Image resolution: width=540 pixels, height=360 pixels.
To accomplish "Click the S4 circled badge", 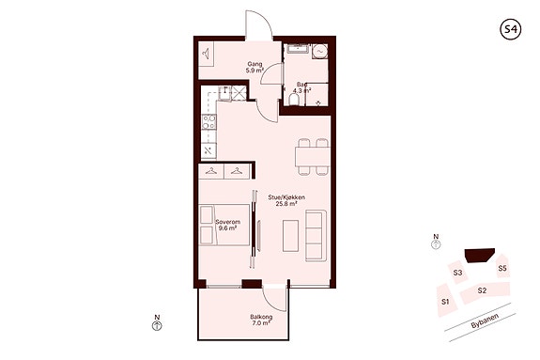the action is click(x=510, y=29).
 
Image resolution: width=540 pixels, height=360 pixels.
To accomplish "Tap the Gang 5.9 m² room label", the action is click(x=255, y=68).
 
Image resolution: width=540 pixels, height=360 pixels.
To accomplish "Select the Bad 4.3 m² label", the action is click(x=302, y=87).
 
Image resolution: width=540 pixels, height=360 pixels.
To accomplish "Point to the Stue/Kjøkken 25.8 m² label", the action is click(x=286, y=200).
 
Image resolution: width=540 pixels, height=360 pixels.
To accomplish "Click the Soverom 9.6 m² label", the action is click(x=227, y=225).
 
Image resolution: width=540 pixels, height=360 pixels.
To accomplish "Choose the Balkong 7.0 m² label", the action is click(x=261, y=320).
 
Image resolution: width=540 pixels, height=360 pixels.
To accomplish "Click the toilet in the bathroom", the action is click(x=294, y=100).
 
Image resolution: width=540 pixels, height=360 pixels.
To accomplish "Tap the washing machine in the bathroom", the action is click(x=320, y=52).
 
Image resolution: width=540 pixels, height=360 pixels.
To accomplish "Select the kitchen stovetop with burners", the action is click(x=208, y=122).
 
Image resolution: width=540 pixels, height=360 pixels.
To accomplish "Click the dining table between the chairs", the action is click(x=312, y=157).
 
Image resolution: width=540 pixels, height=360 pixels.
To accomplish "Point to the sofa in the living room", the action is click(x=316, y=236).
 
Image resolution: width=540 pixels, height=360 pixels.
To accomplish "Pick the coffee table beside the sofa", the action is click(x=291, y=236).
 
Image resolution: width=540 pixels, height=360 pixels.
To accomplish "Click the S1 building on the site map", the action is click(x=447, y=301).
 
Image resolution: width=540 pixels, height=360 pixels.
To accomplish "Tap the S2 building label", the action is click(x=482, y=290).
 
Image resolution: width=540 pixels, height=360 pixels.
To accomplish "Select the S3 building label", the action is click(x=457, y=273).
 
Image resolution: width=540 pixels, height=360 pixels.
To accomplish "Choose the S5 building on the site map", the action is click(x=502, y=266).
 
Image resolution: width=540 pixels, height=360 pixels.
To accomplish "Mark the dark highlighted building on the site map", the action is click(x=479, y=255).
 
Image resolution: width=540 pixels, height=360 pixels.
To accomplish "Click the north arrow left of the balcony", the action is click(x=157, y=325).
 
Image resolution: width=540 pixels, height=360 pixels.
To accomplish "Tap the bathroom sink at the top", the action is click(x=299, y=49).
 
